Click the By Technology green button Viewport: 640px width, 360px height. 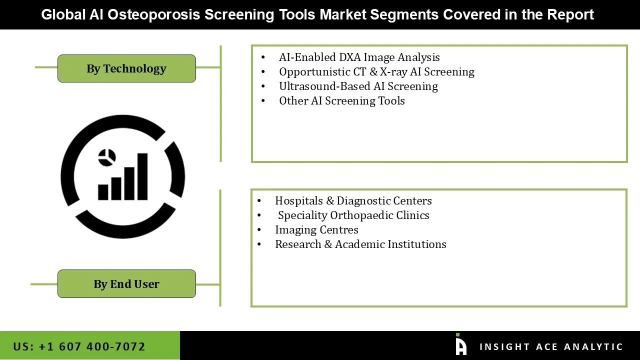[x=126, y=68]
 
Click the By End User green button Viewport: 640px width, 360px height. [x=126, y=284]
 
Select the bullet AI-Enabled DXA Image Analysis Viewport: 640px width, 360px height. [x=359, y=57]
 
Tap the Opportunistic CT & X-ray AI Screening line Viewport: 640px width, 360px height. [x=376, y=72]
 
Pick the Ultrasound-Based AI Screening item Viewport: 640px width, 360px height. [x=358, y=86]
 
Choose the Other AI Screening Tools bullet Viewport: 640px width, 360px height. [x=341, y=101]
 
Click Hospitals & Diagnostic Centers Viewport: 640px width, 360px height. [x=353, y=201]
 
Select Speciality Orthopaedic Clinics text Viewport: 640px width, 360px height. [x=353, y=215]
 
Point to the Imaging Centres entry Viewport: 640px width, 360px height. [x=316, y=230]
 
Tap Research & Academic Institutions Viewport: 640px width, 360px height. [x=360, y=244]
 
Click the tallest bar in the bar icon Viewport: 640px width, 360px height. [x=142, y=176]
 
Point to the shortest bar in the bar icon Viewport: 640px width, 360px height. [x=103, y=192]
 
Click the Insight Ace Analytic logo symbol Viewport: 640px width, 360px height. [x=460, y=345]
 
